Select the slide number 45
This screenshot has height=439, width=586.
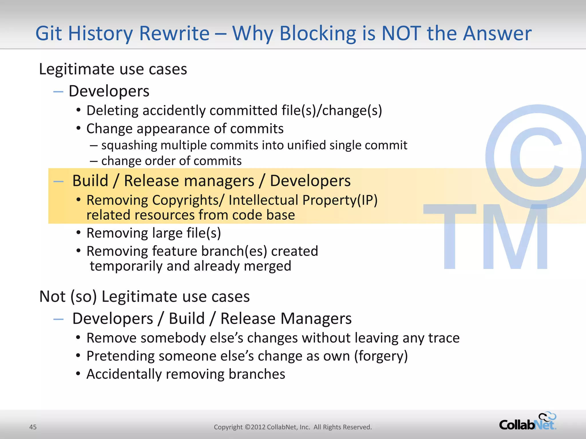[x=33, y=427]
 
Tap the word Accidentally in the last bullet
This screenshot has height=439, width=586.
[x=124, y=374]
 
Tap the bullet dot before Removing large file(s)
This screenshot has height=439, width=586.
[x=78, y=232]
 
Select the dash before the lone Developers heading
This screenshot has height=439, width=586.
[x=58, y=91]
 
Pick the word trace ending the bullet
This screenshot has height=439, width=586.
[x=444, y=338]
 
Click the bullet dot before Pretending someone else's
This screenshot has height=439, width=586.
[x=78, y=356]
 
